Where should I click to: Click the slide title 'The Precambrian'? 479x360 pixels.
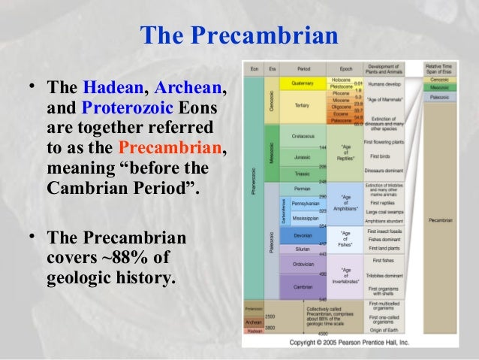(238, 35)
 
